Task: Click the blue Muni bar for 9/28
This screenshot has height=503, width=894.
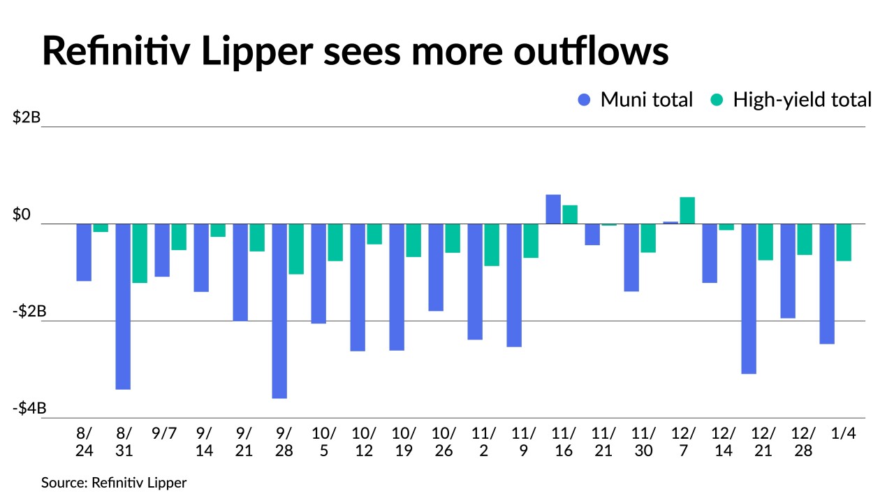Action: (x=279, y=311)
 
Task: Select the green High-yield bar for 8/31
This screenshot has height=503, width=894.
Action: (x=140, y=254)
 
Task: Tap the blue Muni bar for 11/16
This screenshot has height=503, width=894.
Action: (x=553, y=210)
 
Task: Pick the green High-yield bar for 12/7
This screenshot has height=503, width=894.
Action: (x=687, y=210)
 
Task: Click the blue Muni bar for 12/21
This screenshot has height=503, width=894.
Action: (x=749, y=299)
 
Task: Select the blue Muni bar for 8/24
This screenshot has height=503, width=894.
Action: (x=84, y=252)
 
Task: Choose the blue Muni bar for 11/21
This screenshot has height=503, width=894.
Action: (x=592, y=235)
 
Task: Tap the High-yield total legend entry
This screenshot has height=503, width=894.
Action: (x=791, y=100)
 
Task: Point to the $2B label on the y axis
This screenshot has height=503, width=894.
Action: (x=27, y=117)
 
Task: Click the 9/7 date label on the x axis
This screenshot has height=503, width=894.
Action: (x=164, y=433)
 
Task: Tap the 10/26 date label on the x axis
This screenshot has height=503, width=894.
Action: (x=444, y=442)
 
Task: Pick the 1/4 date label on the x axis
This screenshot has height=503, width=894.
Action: (x=844, y=433)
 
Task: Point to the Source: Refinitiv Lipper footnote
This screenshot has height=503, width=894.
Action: (x=114, y=483)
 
